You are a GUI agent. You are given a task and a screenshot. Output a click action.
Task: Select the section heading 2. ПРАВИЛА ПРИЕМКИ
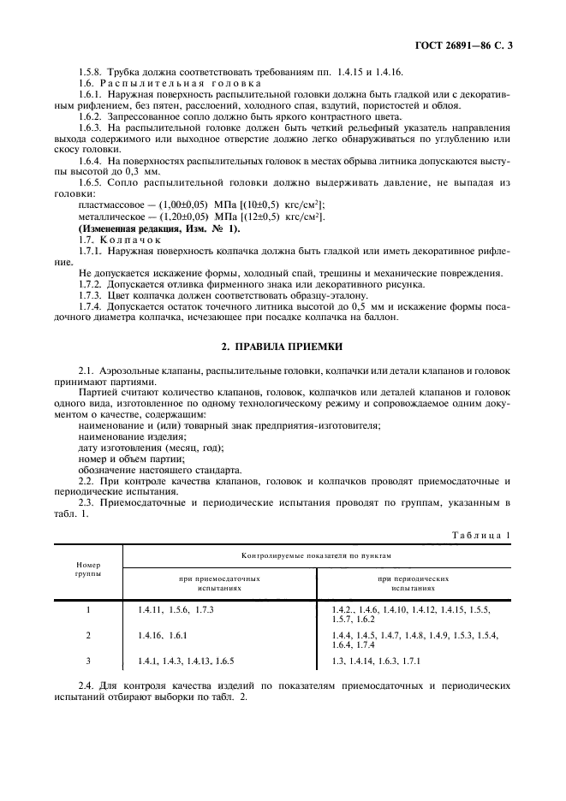[x=283, y=347]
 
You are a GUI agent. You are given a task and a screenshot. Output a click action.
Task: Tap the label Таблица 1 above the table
[x=480, y=536]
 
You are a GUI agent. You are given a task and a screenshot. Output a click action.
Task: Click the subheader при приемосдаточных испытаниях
[x=219, y=584]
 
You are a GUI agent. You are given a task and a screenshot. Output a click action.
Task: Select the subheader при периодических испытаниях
[x=414, y=584]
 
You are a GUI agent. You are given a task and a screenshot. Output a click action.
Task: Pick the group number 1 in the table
[x=88, y=608]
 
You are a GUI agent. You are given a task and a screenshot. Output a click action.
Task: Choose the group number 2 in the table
[x=88, y=635]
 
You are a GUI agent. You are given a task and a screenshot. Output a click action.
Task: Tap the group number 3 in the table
[x=88, y=662]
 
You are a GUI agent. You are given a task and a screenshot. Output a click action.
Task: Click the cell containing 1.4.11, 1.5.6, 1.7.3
[x=175, y=608]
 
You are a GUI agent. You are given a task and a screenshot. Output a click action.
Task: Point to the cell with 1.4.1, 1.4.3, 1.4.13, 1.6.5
[x=185, y=662]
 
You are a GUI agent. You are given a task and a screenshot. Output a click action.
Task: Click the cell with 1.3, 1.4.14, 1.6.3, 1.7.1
[x=376, y=662]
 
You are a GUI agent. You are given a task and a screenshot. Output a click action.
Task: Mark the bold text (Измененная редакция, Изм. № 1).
[x=159, y=228]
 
